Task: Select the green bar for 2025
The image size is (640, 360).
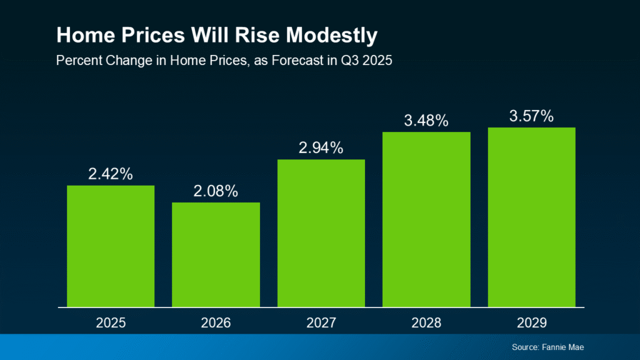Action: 111,246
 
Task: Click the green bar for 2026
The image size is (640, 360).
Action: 216,254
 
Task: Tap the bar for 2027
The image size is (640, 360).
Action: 321,233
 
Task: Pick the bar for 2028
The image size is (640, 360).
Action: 426,219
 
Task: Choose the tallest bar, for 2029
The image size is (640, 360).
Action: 531,217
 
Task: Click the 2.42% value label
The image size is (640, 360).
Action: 111,174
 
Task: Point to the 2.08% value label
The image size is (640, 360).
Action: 216,191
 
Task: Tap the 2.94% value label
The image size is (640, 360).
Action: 321,148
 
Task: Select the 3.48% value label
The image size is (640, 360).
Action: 426,121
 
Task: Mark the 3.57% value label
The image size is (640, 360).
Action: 531,116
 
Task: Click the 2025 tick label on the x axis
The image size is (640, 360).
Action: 111,323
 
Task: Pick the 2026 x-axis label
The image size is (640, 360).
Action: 216,323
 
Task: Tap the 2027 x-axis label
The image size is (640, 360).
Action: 321,323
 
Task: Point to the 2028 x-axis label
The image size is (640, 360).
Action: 426,323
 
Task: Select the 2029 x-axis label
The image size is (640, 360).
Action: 531,323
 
